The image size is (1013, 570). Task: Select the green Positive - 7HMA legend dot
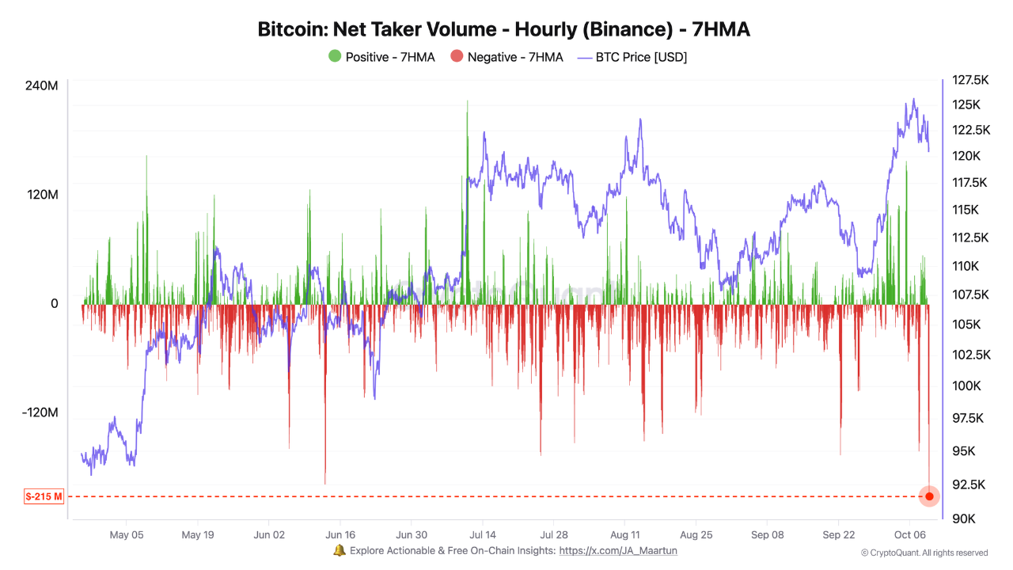(x=335, y=57)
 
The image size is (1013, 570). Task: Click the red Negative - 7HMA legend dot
(x=457, y=57)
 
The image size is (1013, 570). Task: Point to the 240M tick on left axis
(x=43, y=85)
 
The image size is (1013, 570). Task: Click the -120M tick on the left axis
(x=40, y=413)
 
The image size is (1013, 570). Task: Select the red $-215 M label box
(x=44, y=497)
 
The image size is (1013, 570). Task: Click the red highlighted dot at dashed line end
(x=929, y=496)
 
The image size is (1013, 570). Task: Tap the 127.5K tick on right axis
(x=970, y=80)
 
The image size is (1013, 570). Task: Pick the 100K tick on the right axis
(x=966, y=386)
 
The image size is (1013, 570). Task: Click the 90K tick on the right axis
(x=963, y=519)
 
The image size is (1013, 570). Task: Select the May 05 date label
(x=127, y=534)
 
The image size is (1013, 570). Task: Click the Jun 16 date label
(x=340, y=534)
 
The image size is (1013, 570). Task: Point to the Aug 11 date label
(x=624, y=534)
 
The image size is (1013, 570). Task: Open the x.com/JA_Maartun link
(x=618, y=551)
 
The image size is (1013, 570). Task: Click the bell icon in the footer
(x=340, y=550)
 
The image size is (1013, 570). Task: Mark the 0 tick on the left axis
(x=55, y=304)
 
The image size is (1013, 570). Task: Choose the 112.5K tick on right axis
(x=970, y=237)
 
